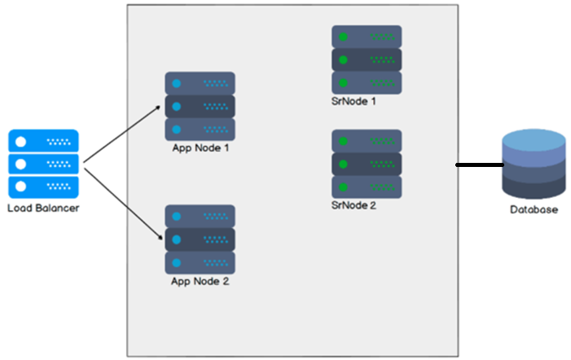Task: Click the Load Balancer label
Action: [x=43, y=209]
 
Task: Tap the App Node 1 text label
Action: [x=200, y=148]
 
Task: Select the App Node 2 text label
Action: [x=200, y=282]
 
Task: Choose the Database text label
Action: [x=534, y=210]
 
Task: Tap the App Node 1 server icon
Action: [x=200, y=106]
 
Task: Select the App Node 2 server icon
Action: [x=200, y=239]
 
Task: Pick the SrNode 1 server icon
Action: [x=367, y=59]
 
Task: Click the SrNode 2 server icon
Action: [x=367, y=164]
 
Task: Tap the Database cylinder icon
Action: [x=534, y=164]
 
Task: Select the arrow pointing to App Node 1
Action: [x=122, y=130]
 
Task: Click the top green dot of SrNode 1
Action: [x=344, y=37]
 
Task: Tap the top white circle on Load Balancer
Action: [x=21, y=142]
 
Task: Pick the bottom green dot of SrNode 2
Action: [x=344, y=187]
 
